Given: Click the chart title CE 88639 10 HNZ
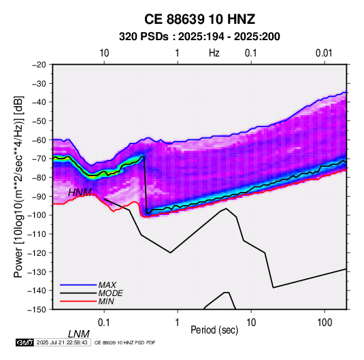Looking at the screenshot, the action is tap(199, 19).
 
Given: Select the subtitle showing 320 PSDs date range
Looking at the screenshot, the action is tap(199, 37).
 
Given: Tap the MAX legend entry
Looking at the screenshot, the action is tap(107, 284).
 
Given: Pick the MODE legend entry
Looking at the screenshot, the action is tap(110, 293).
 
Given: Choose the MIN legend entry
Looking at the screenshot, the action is tap(106, 301).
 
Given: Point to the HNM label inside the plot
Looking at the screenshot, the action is tap(80, 193).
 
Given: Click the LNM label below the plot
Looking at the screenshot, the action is tap(79, 334).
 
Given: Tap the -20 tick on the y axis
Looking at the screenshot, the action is tap(39, 65).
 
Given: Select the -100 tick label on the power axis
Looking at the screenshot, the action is tap(37, 215).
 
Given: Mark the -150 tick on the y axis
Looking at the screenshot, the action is tap(37, 310).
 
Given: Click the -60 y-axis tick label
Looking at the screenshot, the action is tap(39, 140).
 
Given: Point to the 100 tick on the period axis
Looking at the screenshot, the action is tap(325, 323).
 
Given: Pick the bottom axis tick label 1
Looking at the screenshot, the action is tap(178, 323).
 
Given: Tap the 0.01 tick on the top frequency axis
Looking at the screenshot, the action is tap(324, 53).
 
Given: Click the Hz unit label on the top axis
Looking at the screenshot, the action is tap(214, 53).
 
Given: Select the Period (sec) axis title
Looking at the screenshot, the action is tap(214, 330).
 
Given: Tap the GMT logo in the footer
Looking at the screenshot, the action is tap(25, 342).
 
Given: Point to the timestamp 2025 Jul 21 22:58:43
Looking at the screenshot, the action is tap(62, 342).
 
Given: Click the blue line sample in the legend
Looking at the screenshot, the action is tap(78, 284).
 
